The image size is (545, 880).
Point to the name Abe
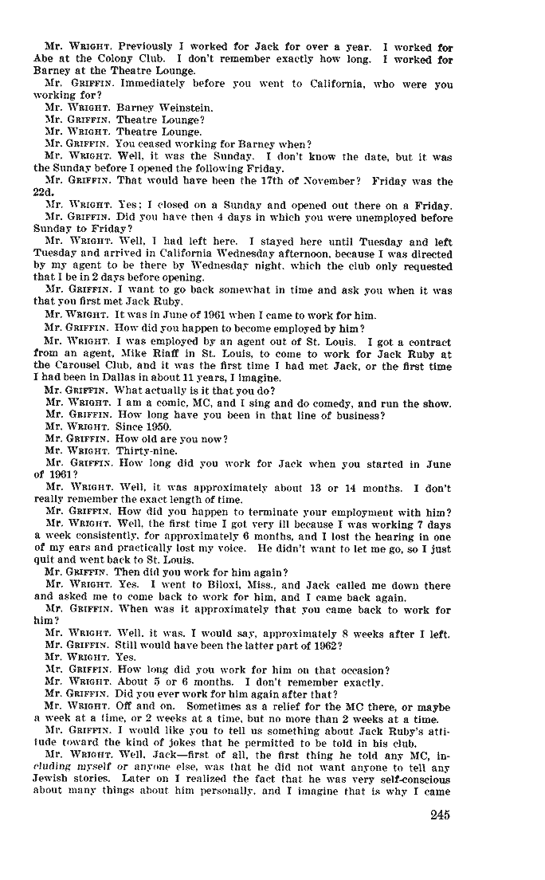pyautogui.click(x=44, y=59)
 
